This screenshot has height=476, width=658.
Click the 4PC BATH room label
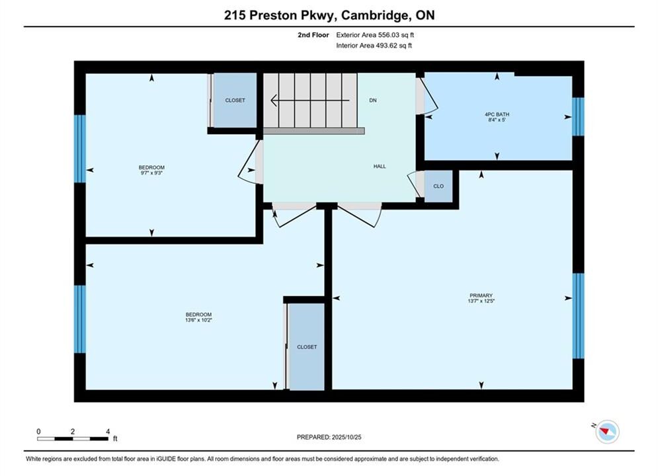point(497,114)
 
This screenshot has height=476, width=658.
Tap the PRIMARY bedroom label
point(481,296)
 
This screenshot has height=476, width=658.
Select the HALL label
point(380,167)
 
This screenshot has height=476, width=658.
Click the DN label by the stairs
point(372,100)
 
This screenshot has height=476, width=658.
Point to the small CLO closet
point(438,186)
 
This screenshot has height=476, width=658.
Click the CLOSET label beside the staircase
point(235,100)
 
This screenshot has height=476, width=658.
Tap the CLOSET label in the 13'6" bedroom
point(307,347)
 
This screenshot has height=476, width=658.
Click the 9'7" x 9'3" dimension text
point(151,173)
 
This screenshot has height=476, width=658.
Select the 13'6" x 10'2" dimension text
point(198,320)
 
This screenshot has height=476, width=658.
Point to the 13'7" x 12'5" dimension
point(481,301)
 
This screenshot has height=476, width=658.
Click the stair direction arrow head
point(274,100)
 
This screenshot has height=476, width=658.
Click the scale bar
point(72,439)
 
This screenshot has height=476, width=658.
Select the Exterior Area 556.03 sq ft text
point(375,35)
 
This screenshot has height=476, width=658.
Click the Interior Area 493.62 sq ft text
point(374,46)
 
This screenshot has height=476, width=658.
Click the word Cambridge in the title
point(375,15)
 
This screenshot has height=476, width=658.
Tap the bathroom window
point(578,116)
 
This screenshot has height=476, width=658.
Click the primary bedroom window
point(578,316)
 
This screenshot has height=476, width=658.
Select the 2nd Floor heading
point(313,35)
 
